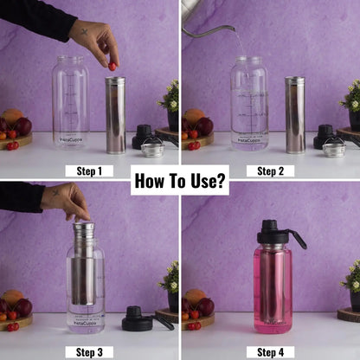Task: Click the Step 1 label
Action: coord(89,170)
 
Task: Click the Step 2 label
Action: coord(270,170)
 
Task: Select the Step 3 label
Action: coord(89,351)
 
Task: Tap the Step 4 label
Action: coord(270,351)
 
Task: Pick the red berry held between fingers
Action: coord(112,66)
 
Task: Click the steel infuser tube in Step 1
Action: coord(115,114)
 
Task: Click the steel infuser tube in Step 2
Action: coord(295,114)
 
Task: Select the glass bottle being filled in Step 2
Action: coord(249,104)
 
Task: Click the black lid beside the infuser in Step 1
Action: coord(143,136)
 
